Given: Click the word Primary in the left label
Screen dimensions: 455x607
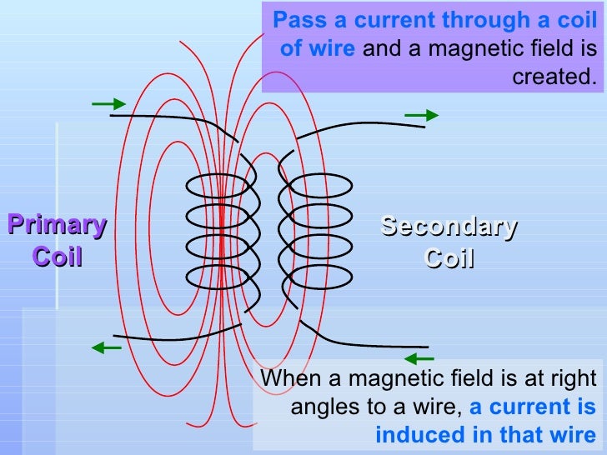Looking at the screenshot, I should (x=58, y=226).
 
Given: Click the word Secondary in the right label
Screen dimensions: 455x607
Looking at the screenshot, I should (x=449, y=227).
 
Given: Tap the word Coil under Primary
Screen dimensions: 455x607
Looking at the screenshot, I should (x=58, y=256).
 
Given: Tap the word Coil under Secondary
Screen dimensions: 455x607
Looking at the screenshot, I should (x=449, y=258).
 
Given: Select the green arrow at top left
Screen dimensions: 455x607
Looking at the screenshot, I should (x=108, y=104).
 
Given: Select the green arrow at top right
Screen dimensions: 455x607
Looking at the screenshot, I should (x=420, y=115).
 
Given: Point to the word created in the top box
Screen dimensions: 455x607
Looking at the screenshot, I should (x=554, y=77).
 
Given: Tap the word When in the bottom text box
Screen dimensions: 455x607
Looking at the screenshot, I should (x=291, y=379).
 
